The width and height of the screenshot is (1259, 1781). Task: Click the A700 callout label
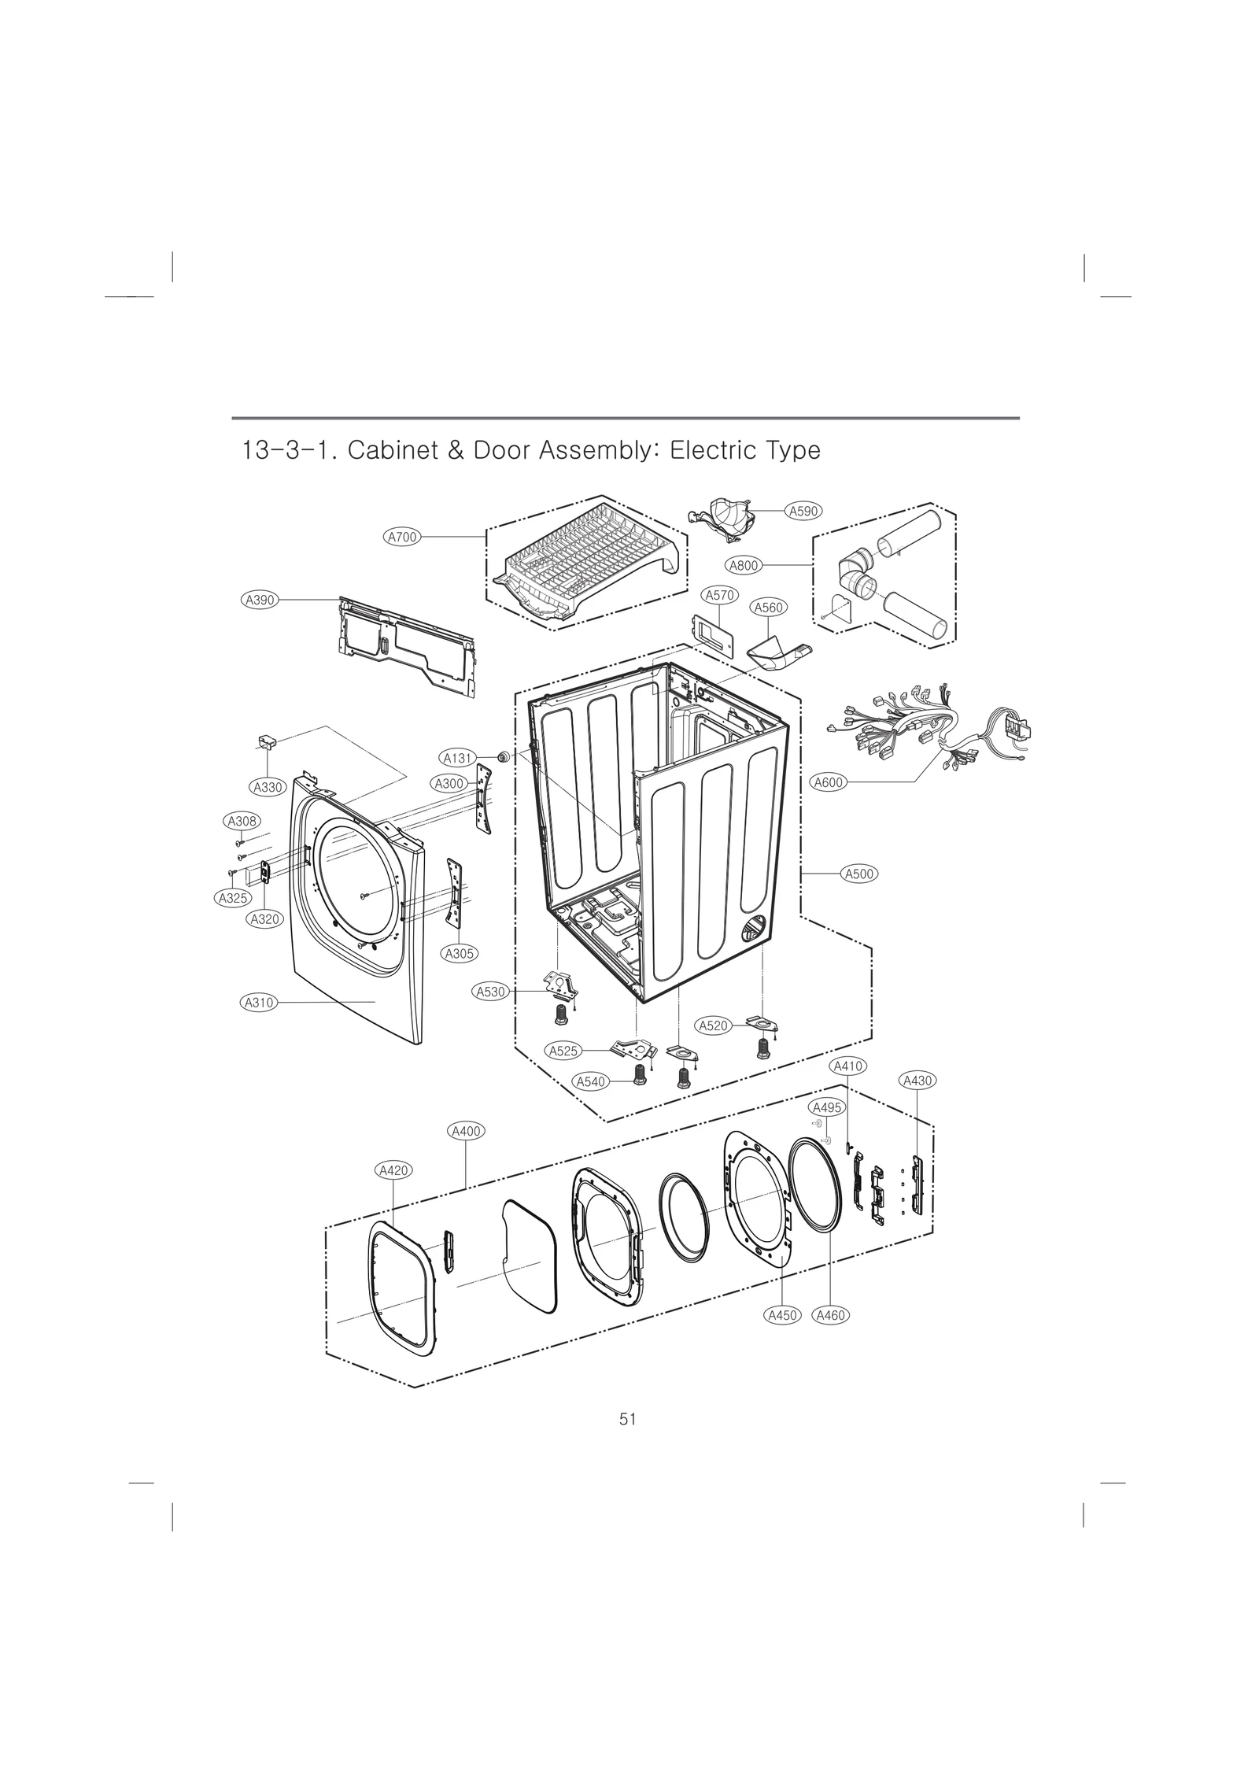402,538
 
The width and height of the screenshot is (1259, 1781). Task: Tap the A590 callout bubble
804,511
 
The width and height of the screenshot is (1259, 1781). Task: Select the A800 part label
743,565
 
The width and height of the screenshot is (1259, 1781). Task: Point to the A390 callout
260,600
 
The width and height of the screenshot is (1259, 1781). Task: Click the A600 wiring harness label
828,782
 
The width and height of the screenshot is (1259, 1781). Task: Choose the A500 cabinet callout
859,874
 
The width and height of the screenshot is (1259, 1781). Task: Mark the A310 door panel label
257,1003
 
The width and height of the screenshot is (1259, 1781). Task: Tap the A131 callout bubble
457,759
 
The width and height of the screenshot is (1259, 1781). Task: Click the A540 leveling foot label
590,1081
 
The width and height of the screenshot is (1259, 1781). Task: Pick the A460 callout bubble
831,1315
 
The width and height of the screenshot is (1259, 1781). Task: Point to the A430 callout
917,1081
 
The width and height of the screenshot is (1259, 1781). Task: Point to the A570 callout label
719,596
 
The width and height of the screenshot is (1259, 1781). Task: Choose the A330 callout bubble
267,787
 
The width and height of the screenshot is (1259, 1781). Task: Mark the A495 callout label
827,1107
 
